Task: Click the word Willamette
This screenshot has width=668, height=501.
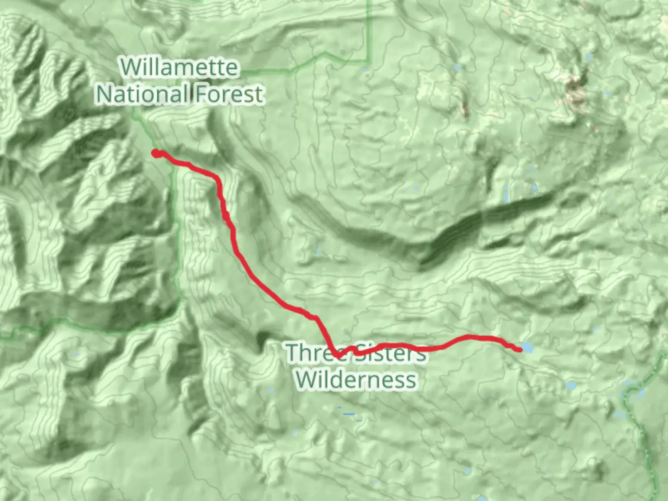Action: coord(180,68)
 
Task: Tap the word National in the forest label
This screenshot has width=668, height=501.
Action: coord(141,94)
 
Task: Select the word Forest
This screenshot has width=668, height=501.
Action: coord(229,94)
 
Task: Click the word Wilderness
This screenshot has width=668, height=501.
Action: coord(356,380)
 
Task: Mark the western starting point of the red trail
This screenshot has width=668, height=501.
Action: coord(156,153)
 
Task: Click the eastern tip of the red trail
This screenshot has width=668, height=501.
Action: coord(519,349)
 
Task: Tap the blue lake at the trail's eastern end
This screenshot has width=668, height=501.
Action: coord(527,348)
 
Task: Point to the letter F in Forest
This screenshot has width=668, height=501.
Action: coord(201,94)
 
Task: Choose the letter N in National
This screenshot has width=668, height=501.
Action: coord(104,94)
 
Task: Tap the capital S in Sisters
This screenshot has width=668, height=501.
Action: coord(362,353)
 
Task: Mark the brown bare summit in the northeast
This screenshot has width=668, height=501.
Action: coord(577,88)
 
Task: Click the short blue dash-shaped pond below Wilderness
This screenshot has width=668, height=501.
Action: coord(348,414)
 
